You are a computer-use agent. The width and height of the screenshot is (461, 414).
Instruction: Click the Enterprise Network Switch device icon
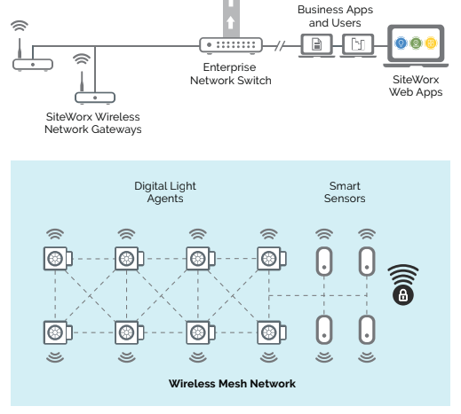tap(231, 45)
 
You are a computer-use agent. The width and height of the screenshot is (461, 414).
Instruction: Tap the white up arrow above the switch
tap(231, 23)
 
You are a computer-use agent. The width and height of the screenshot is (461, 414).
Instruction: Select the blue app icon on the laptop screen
tap(401, 43)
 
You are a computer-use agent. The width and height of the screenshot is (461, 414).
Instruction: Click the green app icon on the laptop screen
tap(416, 43)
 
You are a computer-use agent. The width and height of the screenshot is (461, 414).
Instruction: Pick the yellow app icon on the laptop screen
tap(431, 43)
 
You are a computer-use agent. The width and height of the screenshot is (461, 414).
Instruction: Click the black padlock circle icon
tap(403, 295)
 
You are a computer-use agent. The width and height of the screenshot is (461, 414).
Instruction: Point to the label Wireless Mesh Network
tap(232, 384)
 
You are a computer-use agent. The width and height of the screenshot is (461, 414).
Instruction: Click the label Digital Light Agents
tap(165, 192)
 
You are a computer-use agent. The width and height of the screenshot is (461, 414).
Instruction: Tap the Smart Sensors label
tap(345, 192)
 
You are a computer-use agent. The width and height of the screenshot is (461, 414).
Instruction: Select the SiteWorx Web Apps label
tap(416, 86)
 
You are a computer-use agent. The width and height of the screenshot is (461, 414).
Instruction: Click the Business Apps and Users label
tap(335, 16)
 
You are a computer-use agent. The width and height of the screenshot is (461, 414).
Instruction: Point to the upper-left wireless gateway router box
tap(33, 65)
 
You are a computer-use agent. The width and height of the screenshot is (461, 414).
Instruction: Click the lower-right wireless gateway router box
tap(95, 98)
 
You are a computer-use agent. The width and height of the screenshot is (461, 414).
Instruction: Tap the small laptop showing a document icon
tap(316, 45)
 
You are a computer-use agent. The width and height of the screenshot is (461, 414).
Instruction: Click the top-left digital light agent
tap(58, 259)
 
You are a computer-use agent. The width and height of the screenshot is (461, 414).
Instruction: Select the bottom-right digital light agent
tap(272, 332)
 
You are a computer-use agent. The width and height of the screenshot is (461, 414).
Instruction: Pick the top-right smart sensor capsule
tap(367, 262)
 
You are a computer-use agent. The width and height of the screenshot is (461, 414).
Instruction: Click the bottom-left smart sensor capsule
tap(324, 330)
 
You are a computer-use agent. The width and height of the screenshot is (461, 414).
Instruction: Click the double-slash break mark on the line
tap(280, 46)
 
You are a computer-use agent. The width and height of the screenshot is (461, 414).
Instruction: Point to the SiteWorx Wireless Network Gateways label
tap(93, 123)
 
